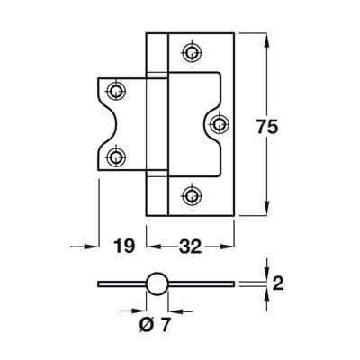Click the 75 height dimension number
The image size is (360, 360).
click(267, 128)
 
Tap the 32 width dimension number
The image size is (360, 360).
click(190, 247)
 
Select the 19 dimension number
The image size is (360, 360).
click(124, 246)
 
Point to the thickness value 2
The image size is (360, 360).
click(278, 283)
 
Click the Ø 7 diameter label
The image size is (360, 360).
click(155, 324)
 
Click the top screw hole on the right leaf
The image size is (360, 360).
click(192, 53)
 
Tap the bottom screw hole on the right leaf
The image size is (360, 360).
click(192, 196)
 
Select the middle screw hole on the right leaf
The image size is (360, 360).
click(219, 123)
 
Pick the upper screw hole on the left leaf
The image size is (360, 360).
click(116, 90)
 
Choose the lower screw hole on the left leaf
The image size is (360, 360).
click(116, 157)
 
